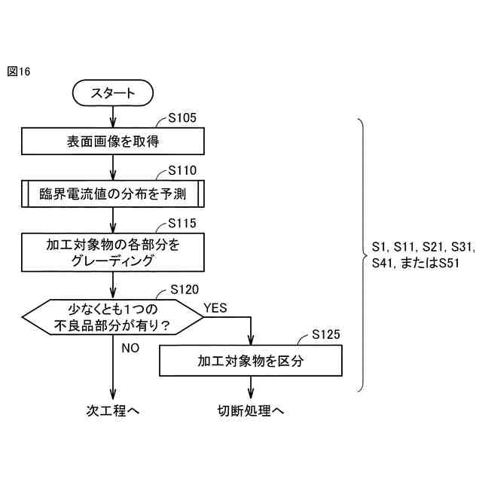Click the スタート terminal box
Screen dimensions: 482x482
pyautogui.click(x=113, y=93)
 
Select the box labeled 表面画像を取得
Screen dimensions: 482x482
pyautogui.click(x=113, y=141)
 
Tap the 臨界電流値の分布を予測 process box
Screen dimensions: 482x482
pyautogui.click(x=113, y=194)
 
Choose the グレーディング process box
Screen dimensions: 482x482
pyautogui.click(x=113, y=252)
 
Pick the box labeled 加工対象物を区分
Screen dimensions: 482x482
pyautogui.click(x=251, y=360)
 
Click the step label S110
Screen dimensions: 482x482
pyautogui.click(x=182, y=170)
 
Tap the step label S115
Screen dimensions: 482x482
pyautogui.click(x=182, y=224)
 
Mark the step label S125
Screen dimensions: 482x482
pyautogui.click(x=326, y=334)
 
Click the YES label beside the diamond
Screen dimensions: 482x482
pyautogui.click(x=215, y=307)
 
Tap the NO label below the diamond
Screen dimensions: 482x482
pyautogui.click(x=130, y=348)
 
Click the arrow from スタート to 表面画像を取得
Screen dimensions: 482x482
pyautogui.click(x=113, y=116)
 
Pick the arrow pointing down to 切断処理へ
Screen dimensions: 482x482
pyautogui.click(x=251, y=387)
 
